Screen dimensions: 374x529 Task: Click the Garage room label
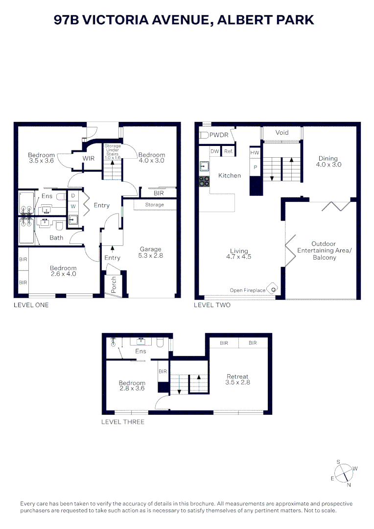[150, 249]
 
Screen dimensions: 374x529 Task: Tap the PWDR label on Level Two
[219, 135]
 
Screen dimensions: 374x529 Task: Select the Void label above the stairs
[282, 133]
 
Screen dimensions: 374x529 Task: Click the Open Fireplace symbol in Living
[272, 289]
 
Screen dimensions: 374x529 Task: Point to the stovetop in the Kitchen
[204, 181]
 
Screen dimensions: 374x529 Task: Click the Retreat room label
[237, 376]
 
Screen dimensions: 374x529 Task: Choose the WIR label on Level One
[88, 158]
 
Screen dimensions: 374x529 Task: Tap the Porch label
[114, 285]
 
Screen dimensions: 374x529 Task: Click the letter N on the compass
[349, 485]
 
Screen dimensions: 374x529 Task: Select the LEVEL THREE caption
[123, 422]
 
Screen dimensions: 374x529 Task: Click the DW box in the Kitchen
[215, 151]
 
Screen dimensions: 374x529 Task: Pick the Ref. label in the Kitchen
[229, 151]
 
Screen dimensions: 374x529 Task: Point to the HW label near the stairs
[255, 152]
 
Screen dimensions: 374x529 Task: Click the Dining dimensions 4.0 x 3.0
[328, 165]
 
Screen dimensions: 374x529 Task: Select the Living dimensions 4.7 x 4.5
[239, 257]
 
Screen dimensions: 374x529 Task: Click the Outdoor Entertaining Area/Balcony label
[324, 250]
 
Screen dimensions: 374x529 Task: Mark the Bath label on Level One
[56, 238]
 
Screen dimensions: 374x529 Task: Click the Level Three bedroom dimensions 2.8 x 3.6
[132, 388]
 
